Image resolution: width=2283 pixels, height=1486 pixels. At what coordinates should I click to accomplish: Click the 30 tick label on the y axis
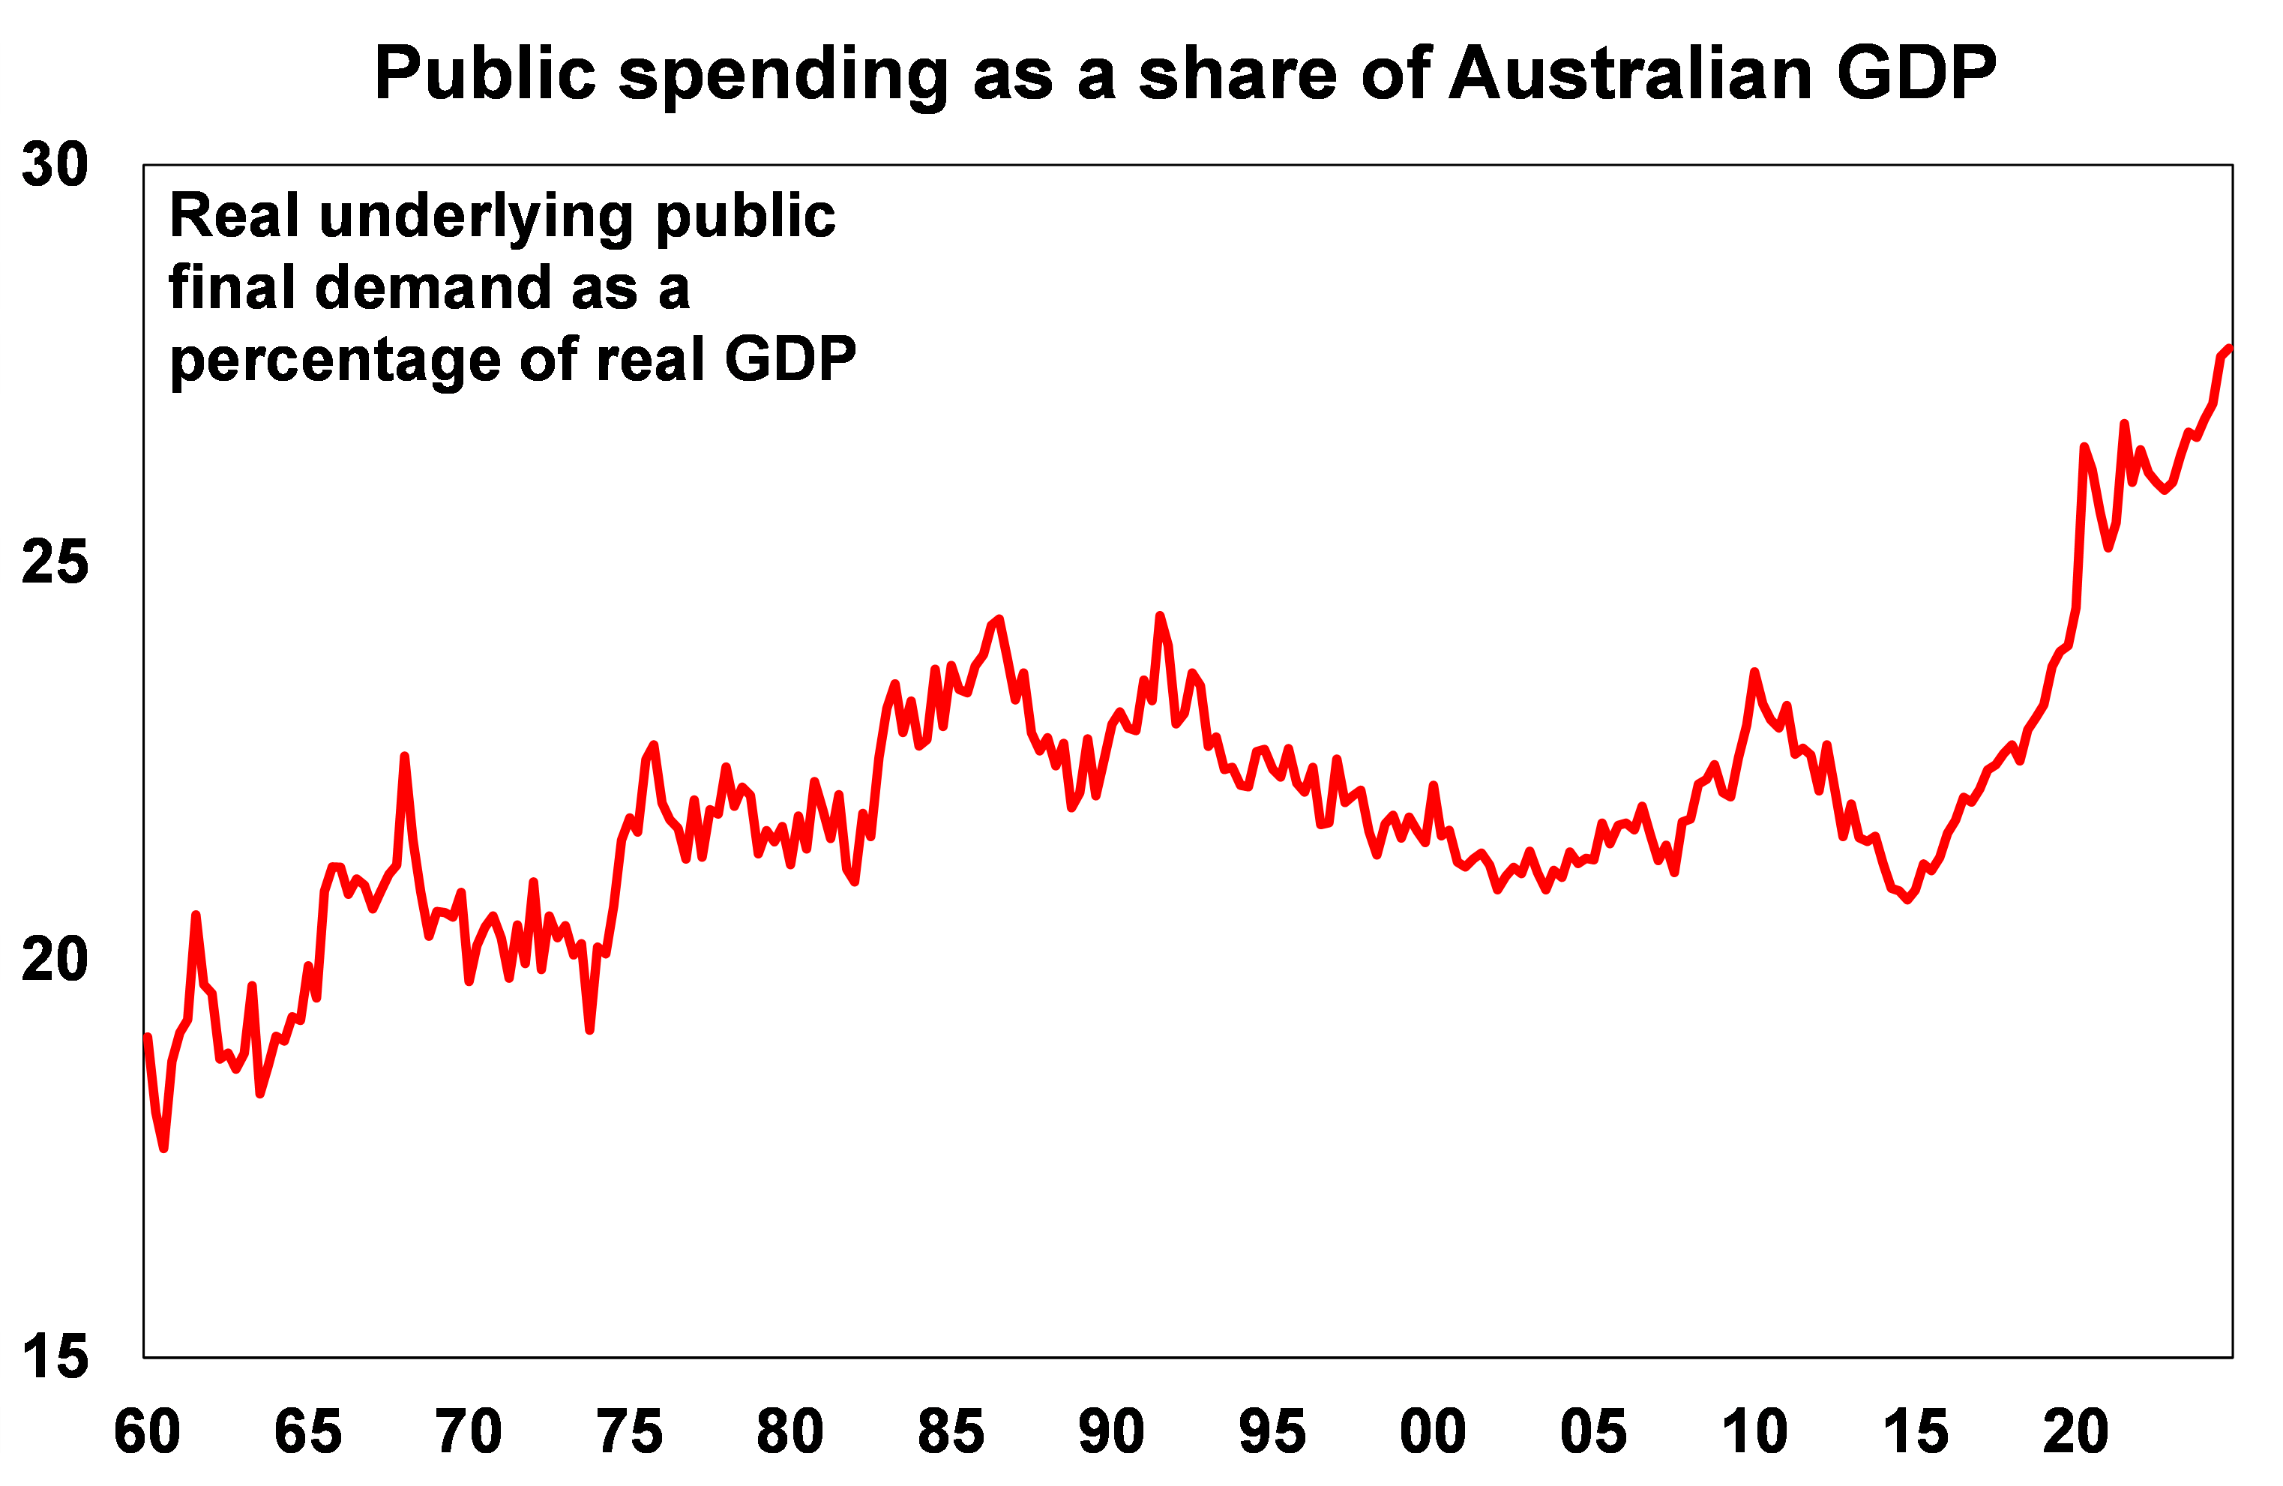click(55, 165)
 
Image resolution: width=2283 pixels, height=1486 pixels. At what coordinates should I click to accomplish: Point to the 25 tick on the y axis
click(55, 562)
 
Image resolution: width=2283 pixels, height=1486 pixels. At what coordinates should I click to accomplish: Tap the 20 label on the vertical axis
click(55, 960)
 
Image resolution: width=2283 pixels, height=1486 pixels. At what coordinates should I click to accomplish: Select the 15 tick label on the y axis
click(55, 1358)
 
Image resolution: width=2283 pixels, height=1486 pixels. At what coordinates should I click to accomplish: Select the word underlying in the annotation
click(476, 217)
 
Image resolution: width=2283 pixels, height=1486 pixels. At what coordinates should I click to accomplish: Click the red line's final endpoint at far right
click(2231, 348)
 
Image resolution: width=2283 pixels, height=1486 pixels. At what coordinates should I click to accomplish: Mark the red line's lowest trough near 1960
click(164, 1147)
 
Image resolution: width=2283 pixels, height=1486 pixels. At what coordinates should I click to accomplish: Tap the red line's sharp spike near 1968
click(405, 757)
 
